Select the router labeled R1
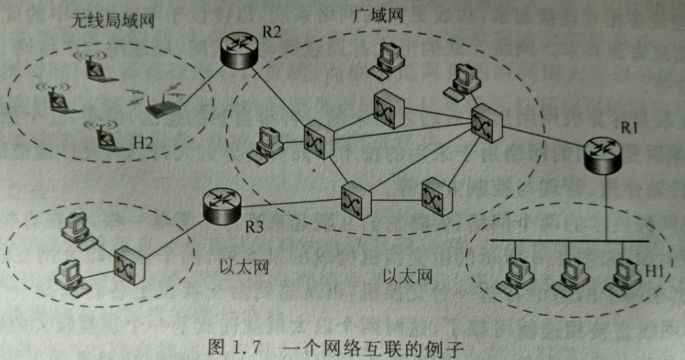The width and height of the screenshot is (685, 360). (603, 154)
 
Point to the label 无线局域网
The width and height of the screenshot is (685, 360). (112, 21)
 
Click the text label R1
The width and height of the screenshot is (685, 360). (630, 128)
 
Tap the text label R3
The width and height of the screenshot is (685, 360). (253, 227)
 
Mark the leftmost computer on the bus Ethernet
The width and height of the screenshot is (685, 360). (516, 274)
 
